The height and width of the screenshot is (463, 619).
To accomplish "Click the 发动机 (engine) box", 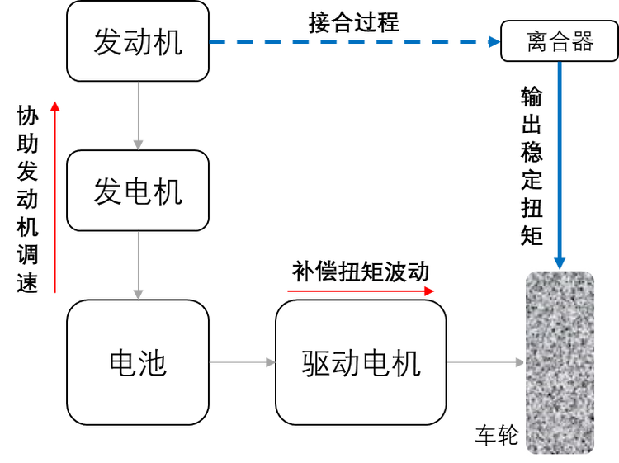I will [x=137, y=41].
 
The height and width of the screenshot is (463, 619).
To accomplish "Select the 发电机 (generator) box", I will [x=137, y=191].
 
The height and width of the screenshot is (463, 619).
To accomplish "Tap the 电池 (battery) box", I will [x=137, y=362].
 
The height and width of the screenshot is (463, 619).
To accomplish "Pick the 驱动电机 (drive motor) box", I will [x=361, y=362].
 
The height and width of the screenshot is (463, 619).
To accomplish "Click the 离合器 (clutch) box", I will [x=560, y=42].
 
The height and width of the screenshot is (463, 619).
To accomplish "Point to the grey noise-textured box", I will [x=560, y=362].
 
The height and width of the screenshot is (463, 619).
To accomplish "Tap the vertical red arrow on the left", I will [x=54, y=198].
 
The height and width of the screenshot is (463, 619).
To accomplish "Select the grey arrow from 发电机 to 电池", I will [x=139, y=264].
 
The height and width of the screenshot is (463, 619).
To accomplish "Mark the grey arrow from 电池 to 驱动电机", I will [x=241, y=362].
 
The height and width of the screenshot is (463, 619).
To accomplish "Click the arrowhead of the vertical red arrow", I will [x=54, y=105].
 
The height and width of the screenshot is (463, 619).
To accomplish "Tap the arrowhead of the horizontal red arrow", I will [x=428, y=291].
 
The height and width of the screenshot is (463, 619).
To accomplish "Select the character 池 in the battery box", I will [x=153, y=362].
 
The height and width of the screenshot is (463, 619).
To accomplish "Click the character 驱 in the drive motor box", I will [x=316, y=362].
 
